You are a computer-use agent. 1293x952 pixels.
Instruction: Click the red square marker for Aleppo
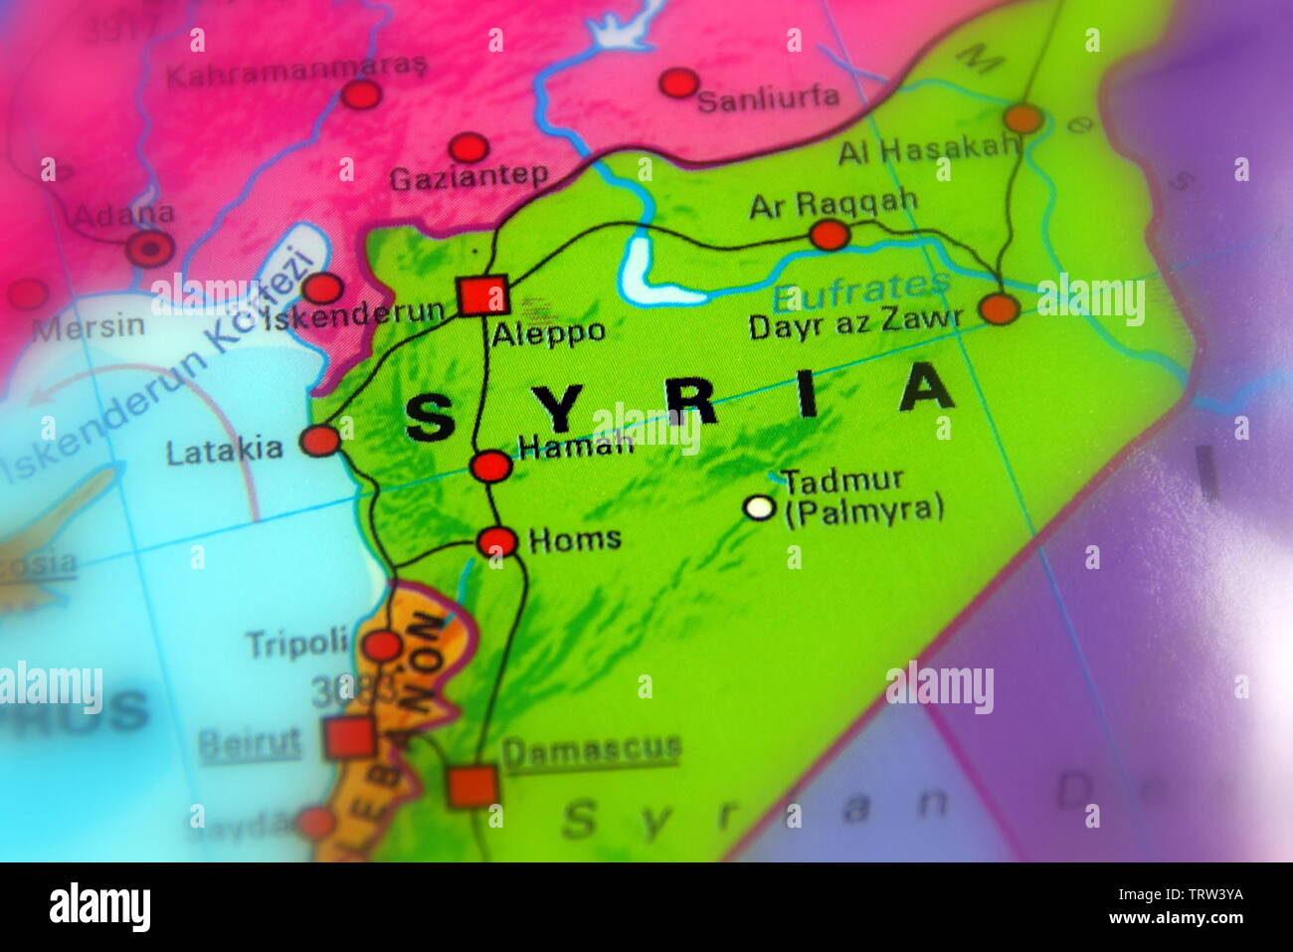click(482, 295)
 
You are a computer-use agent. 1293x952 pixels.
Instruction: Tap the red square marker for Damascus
click(471, 785)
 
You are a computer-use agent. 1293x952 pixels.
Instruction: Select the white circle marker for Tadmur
click(759, 508)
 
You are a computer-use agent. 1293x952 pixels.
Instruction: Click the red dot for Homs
click(496, 541)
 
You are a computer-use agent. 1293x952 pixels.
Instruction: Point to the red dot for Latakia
click(320, 440)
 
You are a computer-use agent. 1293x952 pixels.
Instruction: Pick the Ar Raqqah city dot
click(829, 235)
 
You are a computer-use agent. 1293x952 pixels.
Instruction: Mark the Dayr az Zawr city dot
click(999, 308)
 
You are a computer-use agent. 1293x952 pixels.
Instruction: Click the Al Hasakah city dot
click(1022, 118)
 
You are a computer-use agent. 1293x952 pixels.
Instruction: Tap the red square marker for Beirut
click(349, 738)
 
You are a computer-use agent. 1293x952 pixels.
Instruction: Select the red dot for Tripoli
click(381, 646)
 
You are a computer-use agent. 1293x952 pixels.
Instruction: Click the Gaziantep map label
click(468, 178)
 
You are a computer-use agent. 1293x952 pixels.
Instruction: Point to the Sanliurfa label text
click(768, 97)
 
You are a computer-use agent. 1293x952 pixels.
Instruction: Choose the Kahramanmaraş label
click(296, 72)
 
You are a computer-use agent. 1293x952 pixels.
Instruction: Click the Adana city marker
click(150, 248)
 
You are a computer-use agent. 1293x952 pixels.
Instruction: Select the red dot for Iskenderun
click(321, 288)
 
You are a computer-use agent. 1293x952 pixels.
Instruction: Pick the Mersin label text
click(89, 327)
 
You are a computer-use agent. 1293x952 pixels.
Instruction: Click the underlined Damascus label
click(592, 750)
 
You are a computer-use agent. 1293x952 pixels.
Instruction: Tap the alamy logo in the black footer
click(99, 906)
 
